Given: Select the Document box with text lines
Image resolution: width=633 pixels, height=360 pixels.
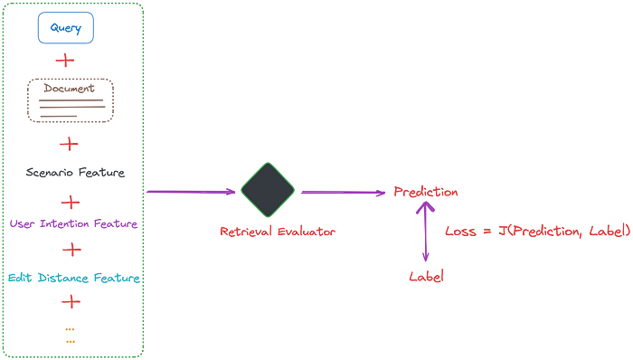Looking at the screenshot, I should coord(71,100).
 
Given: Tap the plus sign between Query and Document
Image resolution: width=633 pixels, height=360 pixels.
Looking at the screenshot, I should coord(65,62).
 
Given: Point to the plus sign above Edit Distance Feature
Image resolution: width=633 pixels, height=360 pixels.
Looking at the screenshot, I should coord(70,249).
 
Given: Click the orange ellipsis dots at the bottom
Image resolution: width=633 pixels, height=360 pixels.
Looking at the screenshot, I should coord(70,335).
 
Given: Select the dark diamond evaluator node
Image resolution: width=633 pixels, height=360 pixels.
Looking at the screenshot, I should coord(268,191).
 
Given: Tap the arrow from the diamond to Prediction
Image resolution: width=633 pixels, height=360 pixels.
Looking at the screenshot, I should coord(342,193).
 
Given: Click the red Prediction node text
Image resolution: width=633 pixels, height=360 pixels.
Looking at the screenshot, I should coord(426,193).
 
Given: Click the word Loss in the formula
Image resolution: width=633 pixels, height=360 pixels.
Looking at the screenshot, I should coord(460,232).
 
